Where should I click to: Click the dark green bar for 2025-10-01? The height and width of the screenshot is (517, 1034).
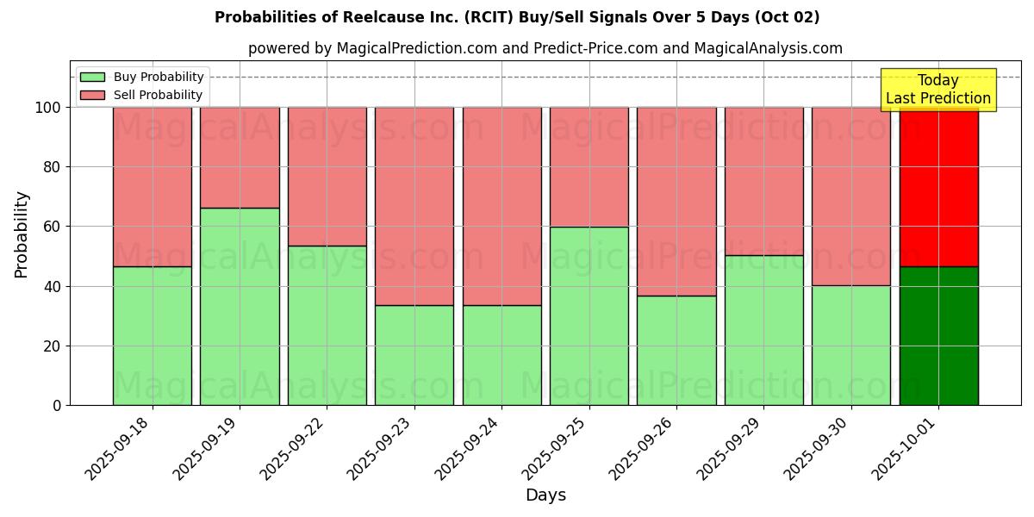pyautogui.click(x=938, y=336)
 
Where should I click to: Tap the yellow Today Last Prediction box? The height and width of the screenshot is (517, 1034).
pyautogui.click(x=938, y=90)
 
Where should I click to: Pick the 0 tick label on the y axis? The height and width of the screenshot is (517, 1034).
pyautogui.click(x=56, y=405)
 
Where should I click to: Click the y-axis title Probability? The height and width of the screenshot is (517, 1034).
pyautogui.click(x=22, y=234)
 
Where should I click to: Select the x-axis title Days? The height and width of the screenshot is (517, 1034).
pyautogui.click(x=545, y=495)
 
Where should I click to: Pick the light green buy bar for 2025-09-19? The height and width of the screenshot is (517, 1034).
pyautogui.click(x=240, y=306)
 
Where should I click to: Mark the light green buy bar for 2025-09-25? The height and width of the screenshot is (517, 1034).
pyautogui.click(x=589, y=315)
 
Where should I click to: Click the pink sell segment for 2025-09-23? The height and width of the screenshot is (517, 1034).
pyautogui.click(x=414, y=206)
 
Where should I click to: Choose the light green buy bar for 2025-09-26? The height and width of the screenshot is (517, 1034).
pyautogui.click(x=676, y=350)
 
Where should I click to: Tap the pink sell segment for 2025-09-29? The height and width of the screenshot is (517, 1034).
pyautogui.click(x=764, y=181)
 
